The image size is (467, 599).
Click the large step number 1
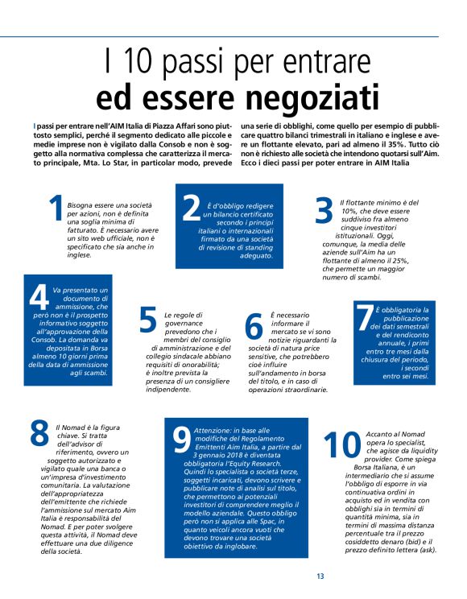pyautogui.click(x=56, y=209)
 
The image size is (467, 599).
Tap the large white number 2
pyautogui.click(x=191, y=208)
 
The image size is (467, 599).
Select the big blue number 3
pyautogui.click(x=324, y=210)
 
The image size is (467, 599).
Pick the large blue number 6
pyautogui.click(x=254, y=323)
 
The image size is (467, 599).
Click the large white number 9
pyautogui.click(x=182, y=440)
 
